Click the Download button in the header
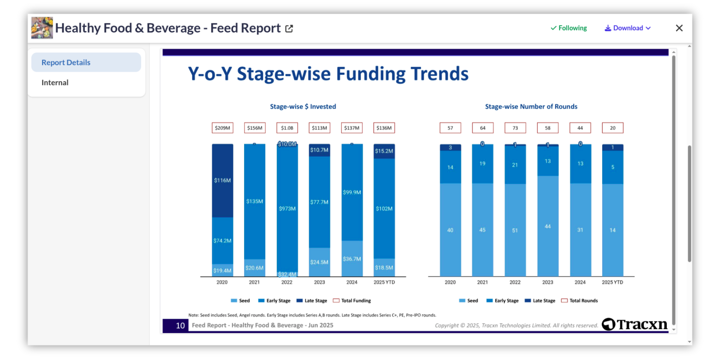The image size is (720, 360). click(x=628, y=28)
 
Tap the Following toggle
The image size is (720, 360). click(x=568, y=28)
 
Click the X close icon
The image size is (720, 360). click(x=679, y=28)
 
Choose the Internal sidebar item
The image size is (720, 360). click(x=55, y=82)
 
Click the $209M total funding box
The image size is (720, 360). click(x=222, y=128)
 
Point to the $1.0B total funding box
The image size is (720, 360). click(x=287, y=128)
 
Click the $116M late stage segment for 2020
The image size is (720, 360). click(x=222, y=180)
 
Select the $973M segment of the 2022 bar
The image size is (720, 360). click(x=287, y=208)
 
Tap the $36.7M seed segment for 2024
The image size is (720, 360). click(x=352, y=259)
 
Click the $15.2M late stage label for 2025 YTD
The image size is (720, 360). click(x=384, y=151)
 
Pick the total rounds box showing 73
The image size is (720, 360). click(x=515, y=128)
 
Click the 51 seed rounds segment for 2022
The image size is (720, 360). click(x=515, y=230)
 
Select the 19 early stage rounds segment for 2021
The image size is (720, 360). click(x=482, y=163)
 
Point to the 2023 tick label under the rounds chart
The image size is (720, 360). click(x=547, y=282)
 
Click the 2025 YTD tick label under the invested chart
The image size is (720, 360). click(x=384, y=282)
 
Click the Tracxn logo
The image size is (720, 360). click(x=634, y=324)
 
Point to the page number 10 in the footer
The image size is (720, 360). click(x=180, y=325)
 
